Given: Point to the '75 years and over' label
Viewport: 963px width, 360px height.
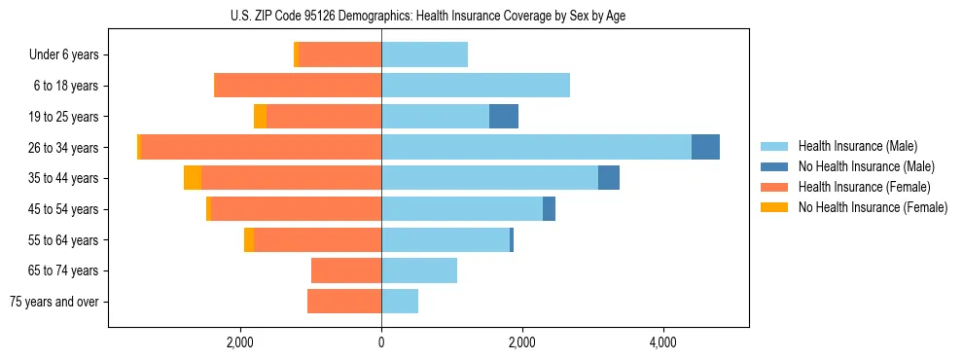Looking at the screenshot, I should click(54, 302).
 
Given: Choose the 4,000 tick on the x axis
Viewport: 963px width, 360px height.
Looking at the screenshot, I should click(663, 342).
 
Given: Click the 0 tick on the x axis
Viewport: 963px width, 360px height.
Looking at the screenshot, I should click(381, 342).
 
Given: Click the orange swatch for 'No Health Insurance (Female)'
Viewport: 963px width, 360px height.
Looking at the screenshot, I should click(774, 207).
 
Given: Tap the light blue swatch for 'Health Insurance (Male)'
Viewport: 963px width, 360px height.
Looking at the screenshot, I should click(774, 146).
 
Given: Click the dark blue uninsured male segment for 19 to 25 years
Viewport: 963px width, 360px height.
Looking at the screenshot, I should click(503, 117).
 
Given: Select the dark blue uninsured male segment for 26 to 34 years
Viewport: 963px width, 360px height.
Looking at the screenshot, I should click(705, 147).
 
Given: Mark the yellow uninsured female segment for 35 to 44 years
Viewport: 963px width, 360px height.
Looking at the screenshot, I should click(193, 178).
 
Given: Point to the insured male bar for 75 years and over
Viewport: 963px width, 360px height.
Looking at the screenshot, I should click(400, 302).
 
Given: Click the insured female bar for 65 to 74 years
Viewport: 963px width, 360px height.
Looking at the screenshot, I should click(346, 270).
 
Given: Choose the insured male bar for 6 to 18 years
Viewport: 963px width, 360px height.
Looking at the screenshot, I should click(476, 86).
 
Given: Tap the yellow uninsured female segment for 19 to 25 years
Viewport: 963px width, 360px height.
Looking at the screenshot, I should click(260, 117).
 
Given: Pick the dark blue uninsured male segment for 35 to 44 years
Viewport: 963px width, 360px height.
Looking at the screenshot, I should click(609, 178).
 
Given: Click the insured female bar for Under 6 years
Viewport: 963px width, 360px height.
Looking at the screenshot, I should click(340, 55).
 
